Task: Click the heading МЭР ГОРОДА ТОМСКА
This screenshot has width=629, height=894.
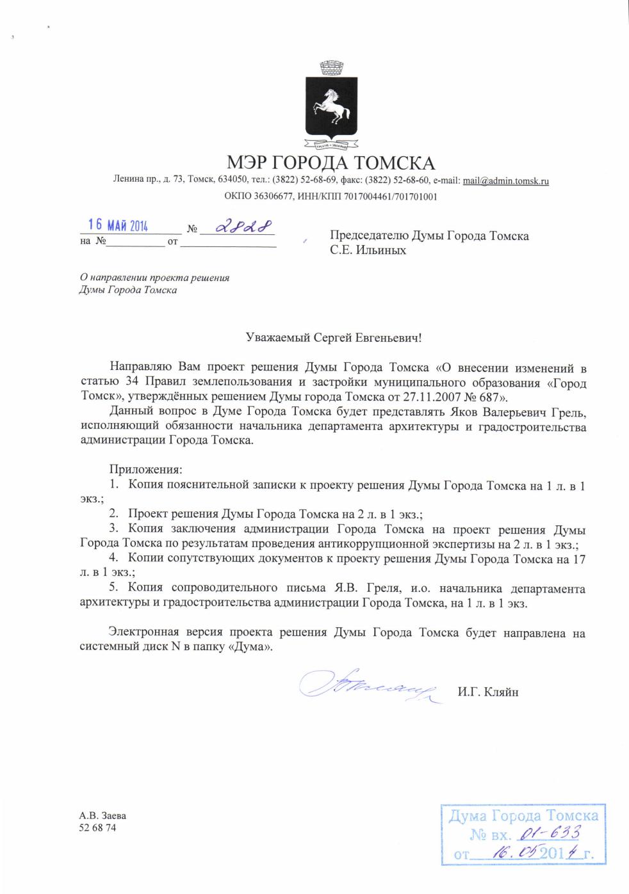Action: pos(331,163)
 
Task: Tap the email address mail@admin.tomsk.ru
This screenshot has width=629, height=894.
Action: pos(505,181)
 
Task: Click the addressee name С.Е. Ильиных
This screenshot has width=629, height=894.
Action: pos(368,250)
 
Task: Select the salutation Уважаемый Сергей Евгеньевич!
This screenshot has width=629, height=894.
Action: pos(335,337)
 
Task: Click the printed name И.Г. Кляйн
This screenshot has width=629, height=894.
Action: pos(487,691)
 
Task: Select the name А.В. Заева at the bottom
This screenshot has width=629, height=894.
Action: pos(102,816)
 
